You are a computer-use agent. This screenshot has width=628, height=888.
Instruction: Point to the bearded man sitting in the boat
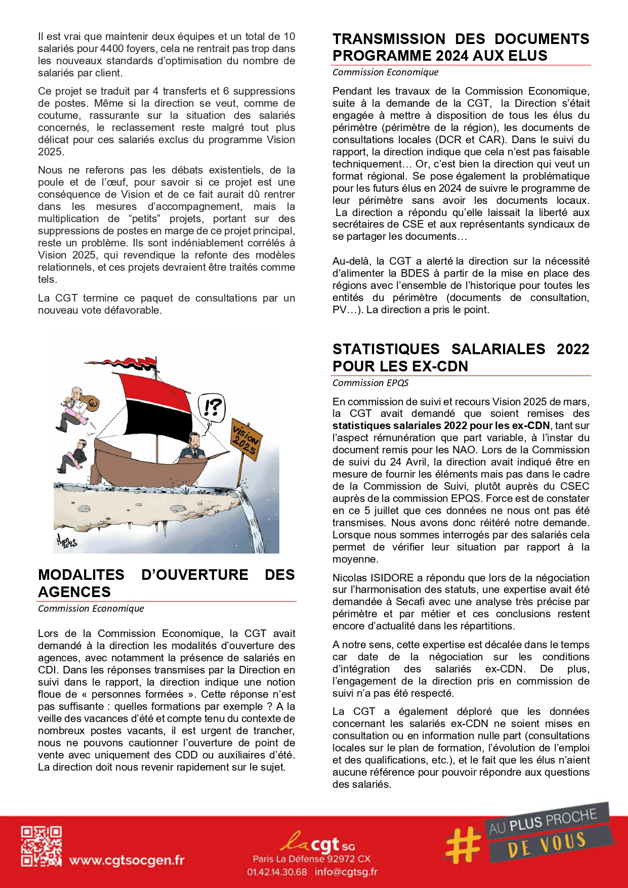tap(193, 447)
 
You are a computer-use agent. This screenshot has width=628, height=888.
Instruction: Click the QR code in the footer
tap(41, 847)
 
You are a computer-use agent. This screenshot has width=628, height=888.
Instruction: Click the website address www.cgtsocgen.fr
tap(127, 860)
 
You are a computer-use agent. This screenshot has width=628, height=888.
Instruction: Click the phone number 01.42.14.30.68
tap(277, 872)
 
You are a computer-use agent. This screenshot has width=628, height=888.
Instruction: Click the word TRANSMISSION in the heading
tap(389, 39)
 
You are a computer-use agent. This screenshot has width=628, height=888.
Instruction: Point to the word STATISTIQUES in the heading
tap(386, 349)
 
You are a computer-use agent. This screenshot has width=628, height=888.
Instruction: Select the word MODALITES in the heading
tap(81, 575)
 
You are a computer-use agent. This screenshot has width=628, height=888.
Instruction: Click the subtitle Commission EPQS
tap(370, 383)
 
